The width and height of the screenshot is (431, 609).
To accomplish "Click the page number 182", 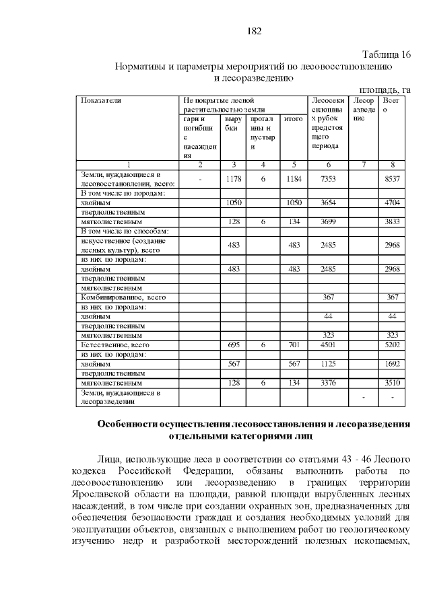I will click(x=255, y=31).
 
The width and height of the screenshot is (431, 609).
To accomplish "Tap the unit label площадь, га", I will click(x=385, y=89).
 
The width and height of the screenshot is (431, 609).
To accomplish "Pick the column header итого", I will click(x=293, y=118).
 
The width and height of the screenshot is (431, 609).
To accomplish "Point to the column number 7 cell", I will click(x=364, y=164).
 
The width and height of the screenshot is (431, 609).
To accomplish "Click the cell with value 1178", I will click(x=234, y=178).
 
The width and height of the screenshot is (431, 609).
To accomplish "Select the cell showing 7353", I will click(x=328, y=178).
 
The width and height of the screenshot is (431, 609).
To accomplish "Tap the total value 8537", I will click(x=392, y=178).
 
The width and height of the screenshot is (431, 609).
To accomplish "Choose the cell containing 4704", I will click(x=392, y=202).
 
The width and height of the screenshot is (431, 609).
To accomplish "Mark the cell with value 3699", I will click(x=328, y=221).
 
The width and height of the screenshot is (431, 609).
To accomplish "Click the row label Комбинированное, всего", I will click(x=123, y=297).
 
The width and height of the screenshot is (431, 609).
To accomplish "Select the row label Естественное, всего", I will click(x=114, y=344).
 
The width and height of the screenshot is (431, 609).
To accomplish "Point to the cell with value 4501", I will click(x=328, y=345).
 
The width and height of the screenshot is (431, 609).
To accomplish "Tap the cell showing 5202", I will click(x=392, y=345).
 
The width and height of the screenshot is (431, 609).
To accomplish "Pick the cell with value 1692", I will click(x=392, y=363).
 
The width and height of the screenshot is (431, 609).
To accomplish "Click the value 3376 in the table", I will click(x=328, y=382).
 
